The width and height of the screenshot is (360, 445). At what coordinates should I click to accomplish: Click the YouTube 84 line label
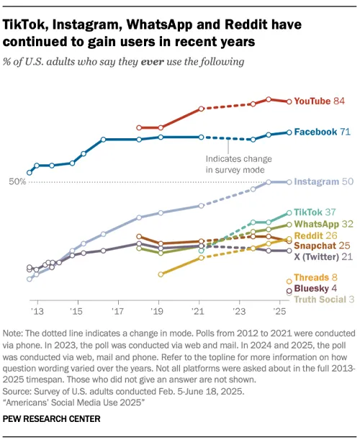321,102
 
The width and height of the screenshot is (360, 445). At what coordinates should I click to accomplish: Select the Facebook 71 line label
323,132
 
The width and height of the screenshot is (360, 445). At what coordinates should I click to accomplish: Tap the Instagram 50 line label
323,182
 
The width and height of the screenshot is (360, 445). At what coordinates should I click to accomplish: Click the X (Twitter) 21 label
323,256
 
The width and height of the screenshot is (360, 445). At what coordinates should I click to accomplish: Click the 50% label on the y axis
17,182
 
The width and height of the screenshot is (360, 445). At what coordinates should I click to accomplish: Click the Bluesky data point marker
289,290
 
